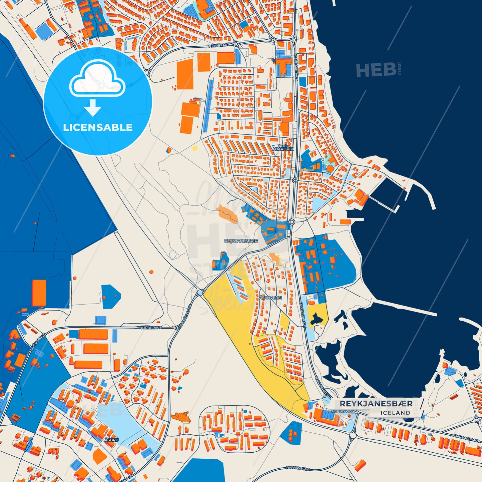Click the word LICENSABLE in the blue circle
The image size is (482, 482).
(98, 127)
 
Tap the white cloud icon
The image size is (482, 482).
(97, 79)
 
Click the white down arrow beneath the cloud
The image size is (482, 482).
(92, 107)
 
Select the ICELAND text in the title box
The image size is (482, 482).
(395, 413)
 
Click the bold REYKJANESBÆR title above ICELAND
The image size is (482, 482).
(376, 404)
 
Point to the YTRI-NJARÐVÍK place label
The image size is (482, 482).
(283, 147)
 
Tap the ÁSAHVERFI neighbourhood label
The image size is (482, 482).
(271, 298)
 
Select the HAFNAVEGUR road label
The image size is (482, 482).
(298, 468)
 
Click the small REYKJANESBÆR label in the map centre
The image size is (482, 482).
(241, 240)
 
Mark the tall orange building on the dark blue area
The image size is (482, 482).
(39, 293)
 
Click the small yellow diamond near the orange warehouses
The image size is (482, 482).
(195, 148)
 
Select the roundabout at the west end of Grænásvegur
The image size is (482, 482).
(200, 293)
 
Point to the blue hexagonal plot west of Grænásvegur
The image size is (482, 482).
(110, 296)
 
